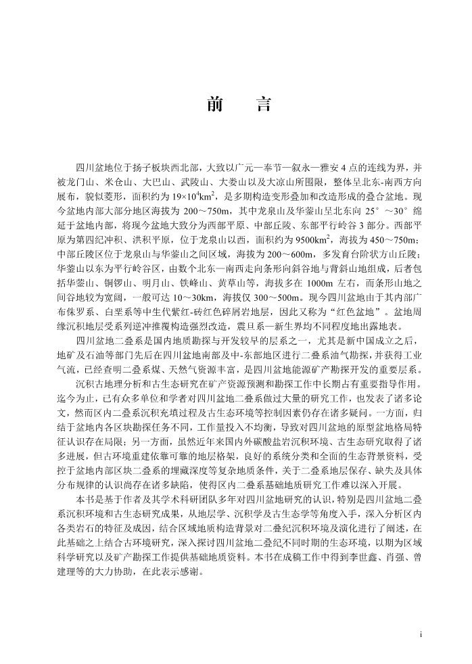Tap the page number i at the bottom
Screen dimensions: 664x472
coord(421,634)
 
